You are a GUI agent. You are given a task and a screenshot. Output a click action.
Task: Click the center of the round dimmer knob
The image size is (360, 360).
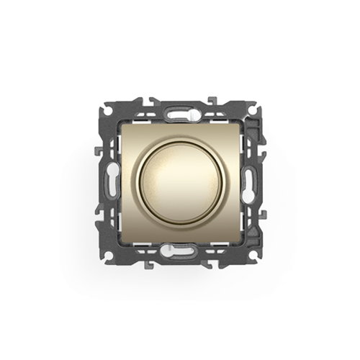179,180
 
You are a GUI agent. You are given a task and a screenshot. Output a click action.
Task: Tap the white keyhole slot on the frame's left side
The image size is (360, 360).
112,180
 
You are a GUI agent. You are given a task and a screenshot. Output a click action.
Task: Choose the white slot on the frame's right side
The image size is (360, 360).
248,180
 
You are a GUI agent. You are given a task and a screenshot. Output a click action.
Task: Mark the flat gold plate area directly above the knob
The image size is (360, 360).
180,133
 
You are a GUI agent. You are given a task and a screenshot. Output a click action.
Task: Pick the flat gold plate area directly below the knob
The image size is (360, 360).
180,227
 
